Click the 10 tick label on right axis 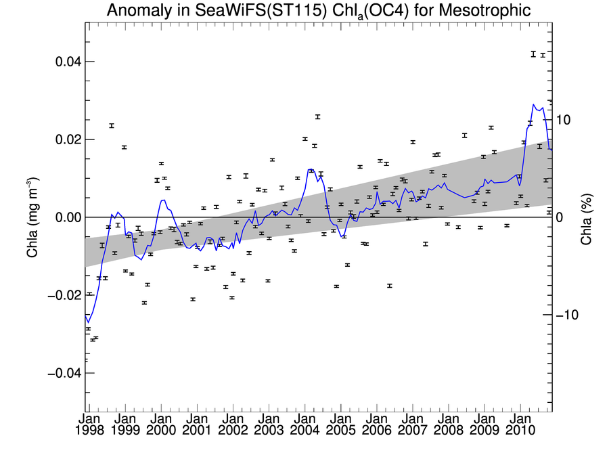tap(564, 119)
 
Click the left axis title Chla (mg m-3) tap(32, 217)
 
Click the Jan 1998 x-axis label tap(89, 425)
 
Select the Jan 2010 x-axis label tap(519, 425)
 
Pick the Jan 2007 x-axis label tap(411, 425)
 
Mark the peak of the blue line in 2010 tap(533, 105)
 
